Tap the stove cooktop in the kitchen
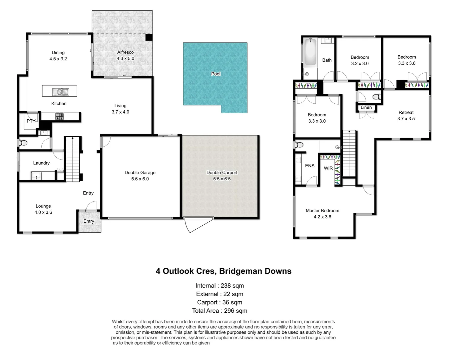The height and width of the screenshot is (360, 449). click(x=60, y=116)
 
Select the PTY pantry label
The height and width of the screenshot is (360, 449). click(x=31, y=121)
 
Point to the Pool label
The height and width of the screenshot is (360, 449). click(x=216, y=74)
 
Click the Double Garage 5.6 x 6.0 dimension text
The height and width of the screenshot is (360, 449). click(x=140, y=179)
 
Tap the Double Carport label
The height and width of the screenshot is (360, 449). click(x=222, y=172)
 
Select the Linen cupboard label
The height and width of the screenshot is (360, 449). click(x=366, y=107)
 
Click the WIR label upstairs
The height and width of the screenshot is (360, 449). click(x=328, y=168)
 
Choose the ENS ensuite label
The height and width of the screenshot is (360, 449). click(x=309, y=166)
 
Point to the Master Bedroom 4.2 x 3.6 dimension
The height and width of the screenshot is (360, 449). click(x=322, y=217)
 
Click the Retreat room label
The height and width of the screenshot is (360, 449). click(x=406, y=112)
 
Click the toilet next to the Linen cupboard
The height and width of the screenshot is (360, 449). click(x=376, y=97)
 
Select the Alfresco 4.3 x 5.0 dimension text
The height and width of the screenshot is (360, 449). click(x=125, y=58)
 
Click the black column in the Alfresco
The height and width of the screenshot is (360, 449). click(x=149, y=37)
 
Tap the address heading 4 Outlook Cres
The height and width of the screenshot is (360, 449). click(x=224, y=271)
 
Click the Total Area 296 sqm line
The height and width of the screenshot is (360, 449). click(x=220, y=311)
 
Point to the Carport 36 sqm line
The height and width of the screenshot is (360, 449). click(x=220, y=302)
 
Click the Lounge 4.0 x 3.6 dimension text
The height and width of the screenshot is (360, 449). click(x=43, y=212)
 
